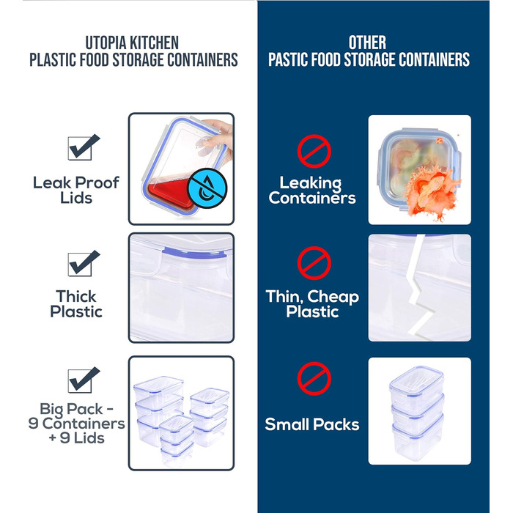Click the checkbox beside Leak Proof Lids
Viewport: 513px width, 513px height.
point(79,148)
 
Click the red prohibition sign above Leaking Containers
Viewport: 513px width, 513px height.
point(314,152)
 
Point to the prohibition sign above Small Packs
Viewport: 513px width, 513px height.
point(314,380)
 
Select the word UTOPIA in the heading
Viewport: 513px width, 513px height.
point(108,43)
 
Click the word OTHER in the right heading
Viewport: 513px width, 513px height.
point(367,43)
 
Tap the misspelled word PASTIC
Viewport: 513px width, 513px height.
point(292,59)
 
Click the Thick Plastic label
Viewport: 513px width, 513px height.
point(76,304)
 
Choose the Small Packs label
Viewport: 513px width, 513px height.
point(312,424)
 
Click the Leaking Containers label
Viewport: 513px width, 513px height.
point(312,191)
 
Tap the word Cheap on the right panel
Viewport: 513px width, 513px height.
point(333,297)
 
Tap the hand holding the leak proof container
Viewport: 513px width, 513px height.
point(221,136)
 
